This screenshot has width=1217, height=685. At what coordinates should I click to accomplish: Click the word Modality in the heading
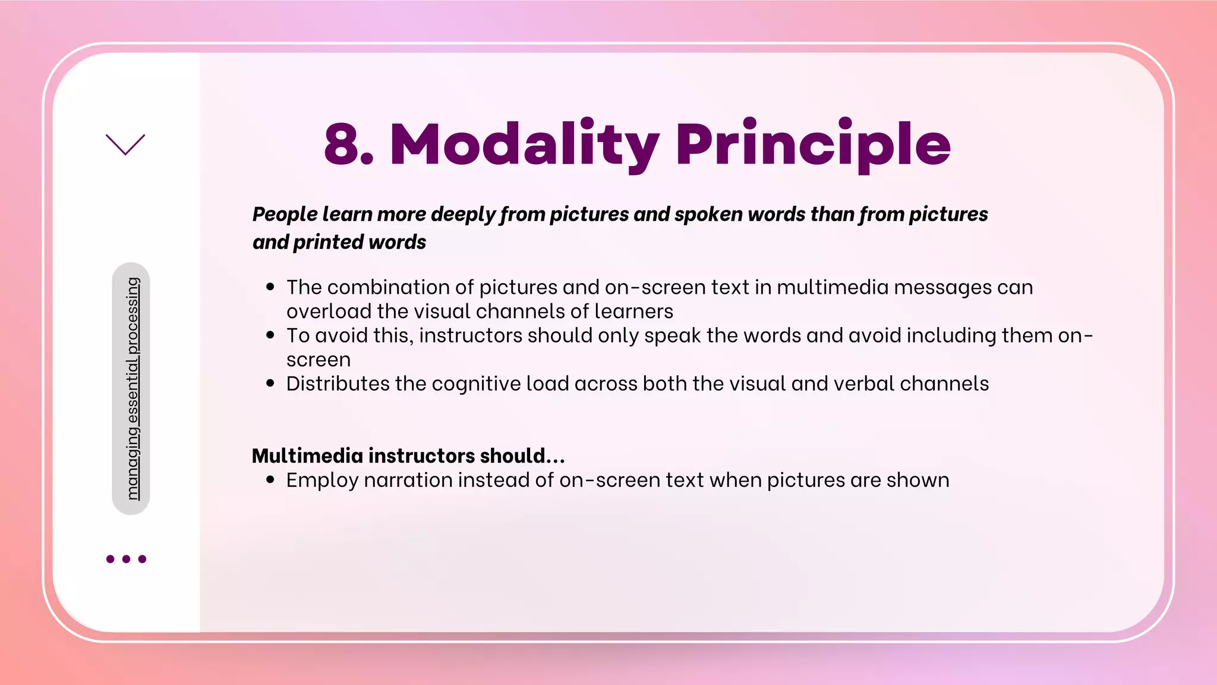[x=524, y=144]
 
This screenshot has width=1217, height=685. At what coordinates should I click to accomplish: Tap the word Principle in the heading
[x=813, y=144]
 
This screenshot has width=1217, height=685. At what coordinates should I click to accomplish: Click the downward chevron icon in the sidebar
[x=125, y=144]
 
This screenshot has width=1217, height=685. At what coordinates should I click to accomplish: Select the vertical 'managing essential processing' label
[x=132, y=388]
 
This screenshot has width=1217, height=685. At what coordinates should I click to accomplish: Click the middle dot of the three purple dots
[x=126, y=559]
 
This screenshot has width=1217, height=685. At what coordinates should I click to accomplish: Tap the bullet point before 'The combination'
[x=270, y=287]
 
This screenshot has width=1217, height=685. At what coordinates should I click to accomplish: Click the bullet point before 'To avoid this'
[x=270, y=335]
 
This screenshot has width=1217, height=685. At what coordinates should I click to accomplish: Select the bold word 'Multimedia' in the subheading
[x=307, y=455]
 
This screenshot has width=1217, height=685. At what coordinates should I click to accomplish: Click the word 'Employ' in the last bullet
[x=322, y=480]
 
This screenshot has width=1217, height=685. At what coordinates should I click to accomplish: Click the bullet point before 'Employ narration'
[x=270, y=480]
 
